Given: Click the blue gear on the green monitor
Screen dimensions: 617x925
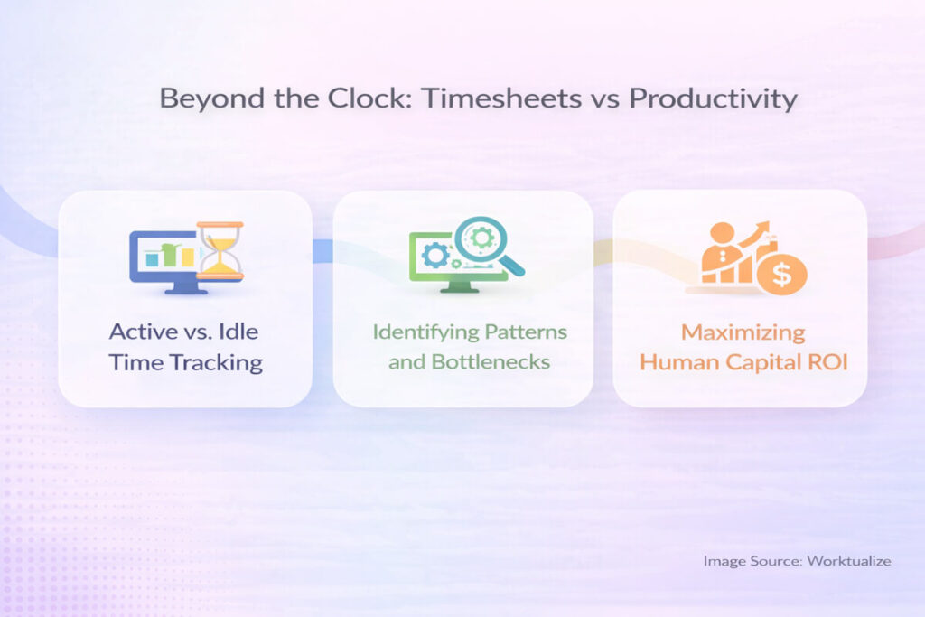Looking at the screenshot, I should (x=435, y=256).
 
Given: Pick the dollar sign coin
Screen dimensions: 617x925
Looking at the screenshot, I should (x=781, y=273).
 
